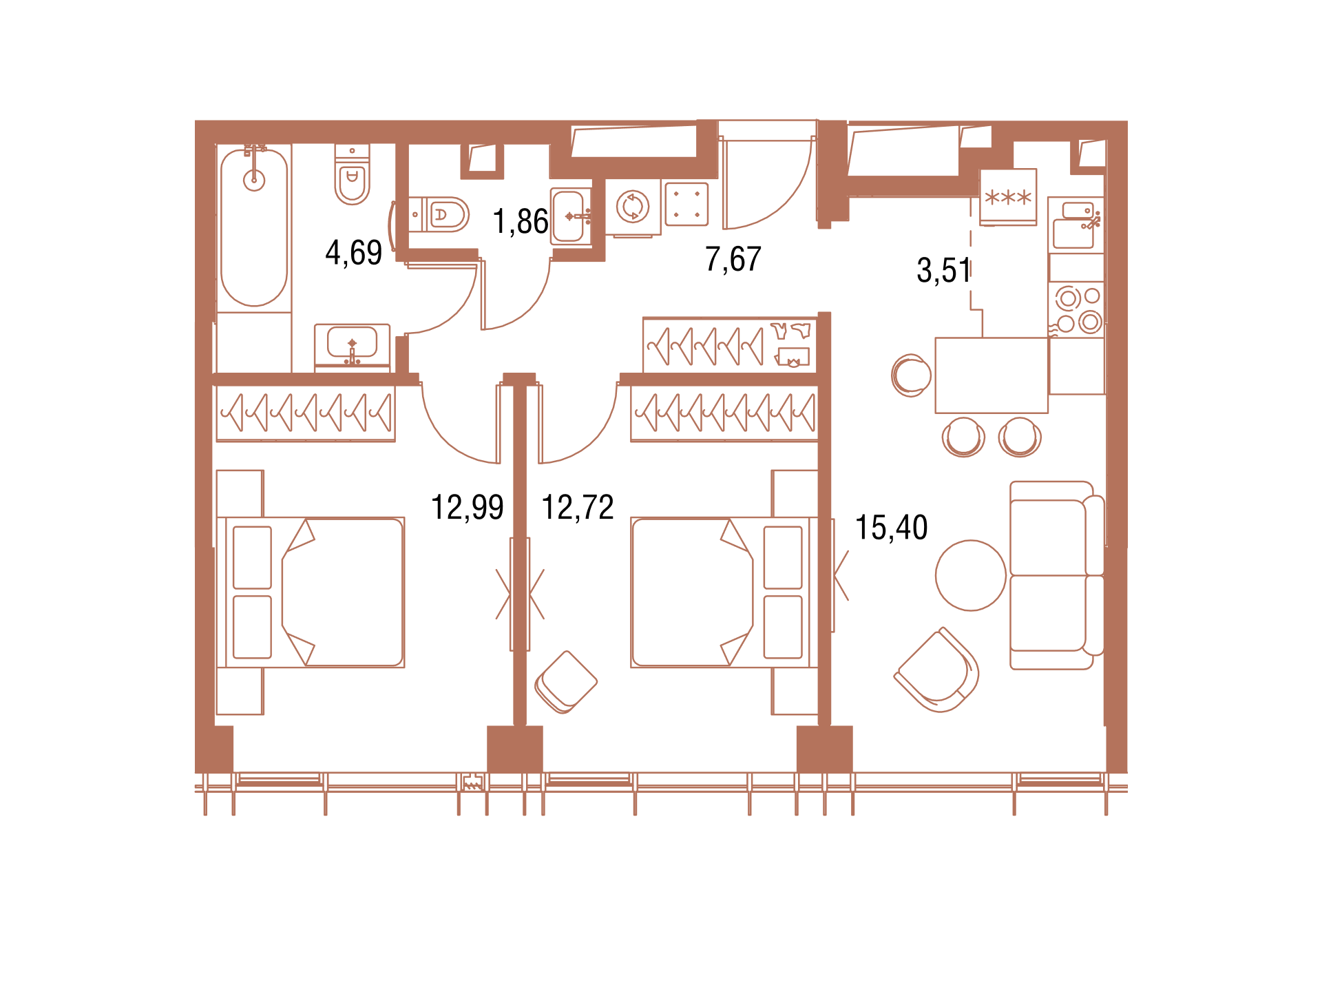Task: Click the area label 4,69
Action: (353, 253)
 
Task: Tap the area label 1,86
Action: (521, 222)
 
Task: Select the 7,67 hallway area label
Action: (733, 259)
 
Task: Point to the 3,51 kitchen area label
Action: (943, 270)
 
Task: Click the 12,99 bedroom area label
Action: (468, 508)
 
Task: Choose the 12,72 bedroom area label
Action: (578, 508)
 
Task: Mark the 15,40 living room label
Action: (892, 528)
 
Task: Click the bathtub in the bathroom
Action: (254, 227)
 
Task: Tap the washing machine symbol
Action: (633, 207)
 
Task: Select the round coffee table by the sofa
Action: (971, 575)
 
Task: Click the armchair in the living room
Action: (937, 670)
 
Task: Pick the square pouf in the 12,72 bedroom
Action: (566, 682)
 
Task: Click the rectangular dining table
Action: (992, 375)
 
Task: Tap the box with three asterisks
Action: (1008, 196)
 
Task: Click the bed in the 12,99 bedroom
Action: (311, 592)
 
